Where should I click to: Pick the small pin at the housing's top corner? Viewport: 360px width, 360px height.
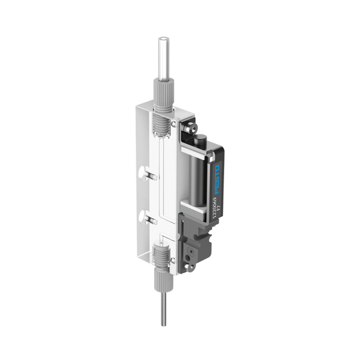click(176, 124)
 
